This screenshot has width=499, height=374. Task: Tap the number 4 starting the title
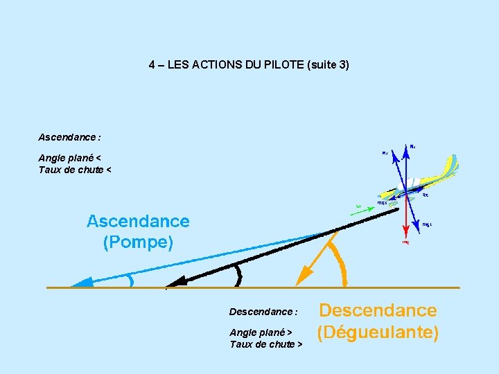point(152,65)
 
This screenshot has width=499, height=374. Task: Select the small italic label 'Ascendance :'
point(70,138)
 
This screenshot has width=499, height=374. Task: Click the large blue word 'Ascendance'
point(138,222)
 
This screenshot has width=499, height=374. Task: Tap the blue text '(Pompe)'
point(138,242)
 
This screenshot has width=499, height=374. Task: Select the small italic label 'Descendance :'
point(263,312)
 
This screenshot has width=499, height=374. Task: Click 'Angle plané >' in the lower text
point(261,332)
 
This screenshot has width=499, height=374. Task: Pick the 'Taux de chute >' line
point(265,344)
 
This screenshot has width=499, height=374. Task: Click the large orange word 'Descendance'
point(378,310)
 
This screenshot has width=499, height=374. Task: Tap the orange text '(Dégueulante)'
point(378,332)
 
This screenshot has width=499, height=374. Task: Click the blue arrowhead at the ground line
point(80,282)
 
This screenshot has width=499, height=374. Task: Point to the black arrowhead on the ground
point(175,282)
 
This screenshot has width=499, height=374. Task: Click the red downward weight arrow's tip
point(405,230)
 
